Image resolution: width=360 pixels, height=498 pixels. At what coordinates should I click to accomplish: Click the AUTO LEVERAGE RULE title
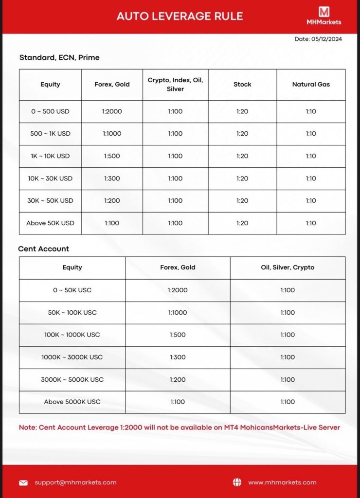tap(180, 16)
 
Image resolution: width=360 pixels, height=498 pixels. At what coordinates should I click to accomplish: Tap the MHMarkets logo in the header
tap(324, 15)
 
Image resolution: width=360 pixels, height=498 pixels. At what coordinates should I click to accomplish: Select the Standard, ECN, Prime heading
tap(59, 57)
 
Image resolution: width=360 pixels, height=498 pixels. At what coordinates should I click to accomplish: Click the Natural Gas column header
tap(311, 85)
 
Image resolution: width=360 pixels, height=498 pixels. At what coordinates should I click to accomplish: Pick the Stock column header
tap(242, 85)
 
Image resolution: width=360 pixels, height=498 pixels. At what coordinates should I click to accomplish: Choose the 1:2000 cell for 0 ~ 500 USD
tap(112, 111)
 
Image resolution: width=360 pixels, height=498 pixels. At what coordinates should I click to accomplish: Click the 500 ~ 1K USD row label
tap(50, 134)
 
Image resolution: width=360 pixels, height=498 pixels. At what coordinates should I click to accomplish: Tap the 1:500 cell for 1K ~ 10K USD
tap(112, 156)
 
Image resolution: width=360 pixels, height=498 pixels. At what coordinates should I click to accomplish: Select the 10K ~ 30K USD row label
tap(50, 178)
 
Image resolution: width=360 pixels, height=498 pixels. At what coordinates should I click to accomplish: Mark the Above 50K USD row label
tap(50, 223)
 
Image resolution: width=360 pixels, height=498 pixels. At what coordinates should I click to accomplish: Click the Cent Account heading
tap(44, 249)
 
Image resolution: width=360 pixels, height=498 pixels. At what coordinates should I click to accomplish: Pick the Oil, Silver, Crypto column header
tap(288, 267)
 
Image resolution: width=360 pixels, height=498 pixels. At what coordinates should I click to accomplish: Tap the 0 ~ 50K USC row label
tap(72, 290)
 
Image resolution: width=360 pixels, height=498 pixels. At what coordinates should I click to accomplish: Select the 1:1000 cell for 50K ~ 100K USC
tap(178, 313)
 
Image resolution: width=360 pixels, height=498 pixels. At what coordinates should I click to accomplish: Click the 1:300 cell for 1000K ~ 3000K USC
tap(178, 357)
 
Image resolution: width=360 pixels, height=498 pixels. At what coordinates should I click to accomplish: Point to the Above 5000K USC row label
tap(72, 402)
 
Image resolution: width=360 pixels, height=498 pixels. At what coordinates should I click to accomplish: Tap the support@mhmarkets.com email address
tap(75, 482)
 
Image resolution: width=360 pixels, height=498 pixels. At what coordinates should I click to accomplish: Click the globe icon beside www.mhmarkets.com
tap(237, 482)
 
